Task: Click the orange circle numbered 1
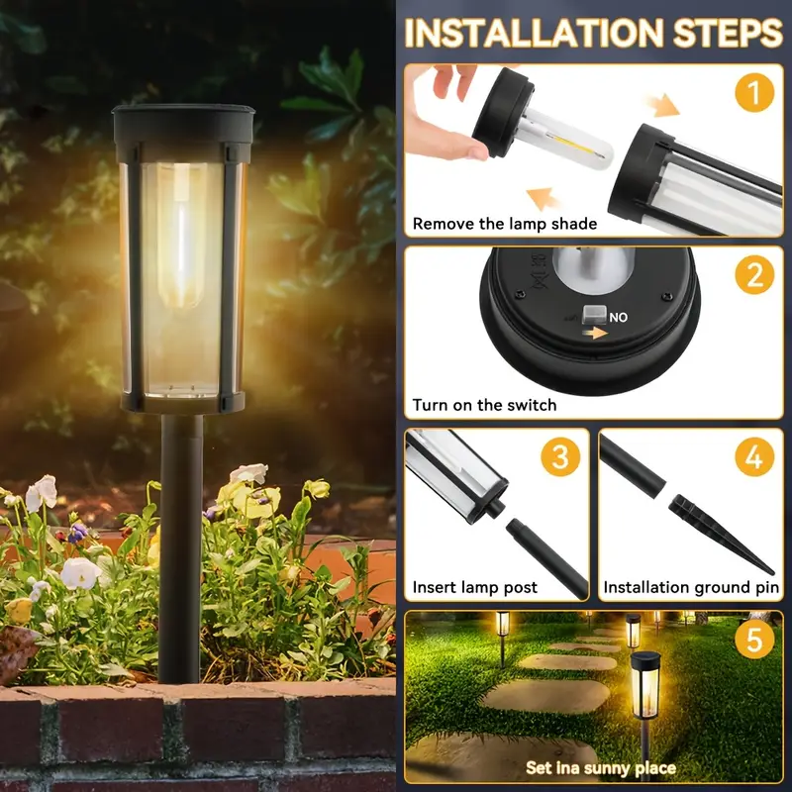click(x=754, y=92)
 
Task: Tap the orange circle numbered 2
click(x=754, y=275)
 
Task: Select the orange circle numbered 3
click(x=560, y=456)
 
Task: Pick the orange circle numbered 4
click(x=754, y=456)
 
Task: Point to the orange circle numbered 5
click(x=754, y=639)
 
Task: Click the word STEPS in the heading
click(x=728, y=34)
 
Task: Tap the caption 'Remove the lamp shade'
click(x=505, y=224)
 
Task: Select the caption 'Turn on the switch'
click(x=484, y=405)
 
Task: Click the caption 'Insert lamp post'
click(x=475, y=587)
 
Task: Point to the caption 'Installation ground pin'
click(x=691, y=587)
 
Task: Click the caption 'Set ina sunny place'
click(x=601, y=768)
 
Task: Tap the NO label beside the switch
click(x=618, y=317)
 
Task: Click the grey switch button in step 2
click(x=593, y=315)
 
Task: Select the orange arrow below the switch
click(x=595, y=333)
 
